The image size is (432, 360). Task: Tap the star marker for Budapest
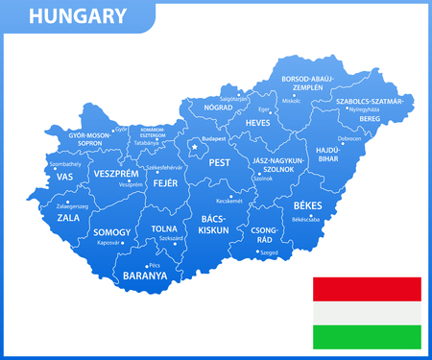coord(195,147)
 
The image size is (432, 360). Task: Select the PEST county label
coord(220,164)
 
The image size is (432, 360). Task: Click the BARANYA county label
coord(145,276)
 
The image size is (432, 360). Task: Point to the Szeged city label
coord(270,252)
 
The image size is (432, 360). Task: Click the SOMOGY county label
coord(112,232)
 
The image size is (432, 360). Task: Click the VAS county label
coord(65,178)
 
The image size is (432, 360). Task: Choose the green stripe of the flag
coord(366,336)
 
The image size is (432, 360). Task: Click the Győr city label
coord(121,129)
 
